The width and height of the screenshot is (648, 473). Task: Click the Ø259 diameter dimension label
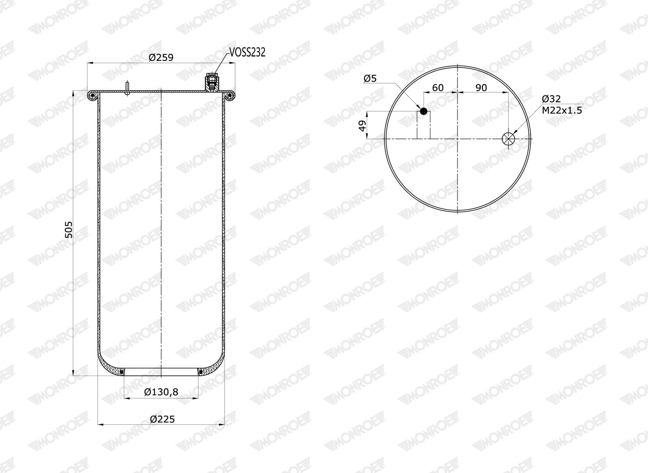click(161, 57)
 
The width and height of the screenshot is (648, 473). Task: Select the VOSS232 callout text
click(247, 53)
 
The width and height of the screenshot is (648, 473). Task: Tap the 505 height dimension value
click(69, 229)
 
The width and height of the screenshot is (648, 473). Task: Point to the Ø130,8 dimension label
click(161, 392)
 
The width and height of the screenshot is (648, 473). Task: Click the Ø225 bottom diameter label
click(162, 419)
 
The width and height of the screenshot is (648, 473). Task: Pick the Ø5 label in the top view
click(370, 78)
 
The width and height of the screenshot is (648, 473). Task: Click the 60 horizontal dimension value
click(438, 88)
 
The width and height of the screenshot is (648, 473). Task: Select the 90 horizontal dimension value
click(481, 88)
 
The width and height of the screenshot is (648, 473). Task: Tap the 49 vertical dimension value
click(362, 126)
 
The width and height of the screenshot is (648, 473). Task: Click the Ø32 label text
click(551, 99)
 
